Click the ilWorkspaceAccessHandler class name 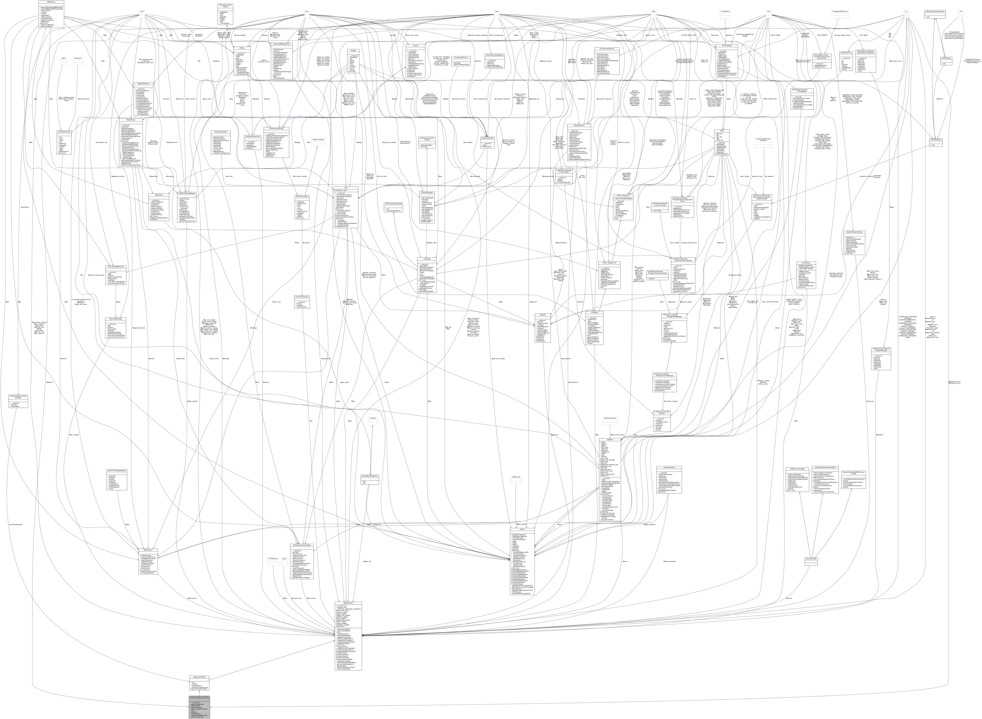point(302,544)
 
